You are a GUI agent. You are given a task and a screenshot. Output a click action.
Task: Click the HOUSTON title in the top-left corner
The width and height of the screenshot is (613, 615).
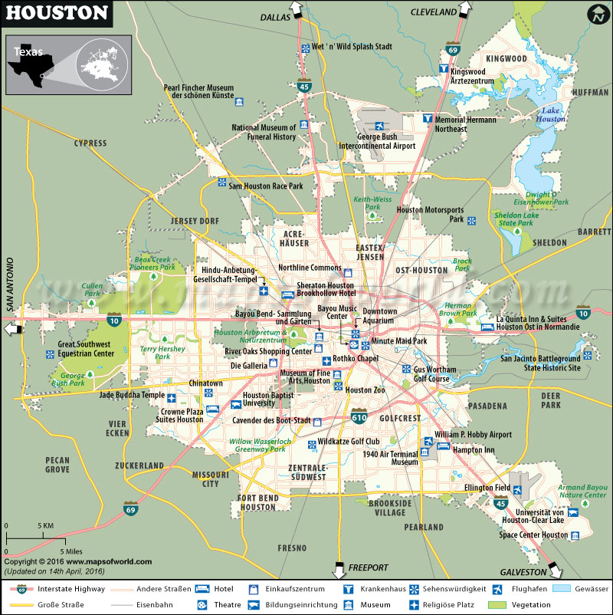(57, 13)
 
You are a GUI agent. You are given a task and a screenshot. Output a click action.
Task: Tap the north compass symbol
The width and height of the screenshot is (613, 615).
(598, 14)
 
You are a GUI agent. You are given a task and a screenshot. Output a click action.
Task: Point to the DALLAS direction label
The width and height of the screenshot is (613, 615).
(277, 15)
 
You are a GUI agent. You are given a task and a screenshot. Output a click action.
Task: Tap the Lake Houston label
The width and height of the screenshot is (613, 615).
(551, 114)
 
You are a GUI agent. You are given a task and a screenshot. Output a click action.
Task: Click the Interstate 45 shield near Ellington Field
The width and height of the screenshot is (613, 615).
(500, 503)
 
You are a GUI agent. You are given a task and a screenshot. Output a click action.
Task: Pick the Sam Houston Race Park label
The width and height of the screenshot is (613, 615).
(266, 186)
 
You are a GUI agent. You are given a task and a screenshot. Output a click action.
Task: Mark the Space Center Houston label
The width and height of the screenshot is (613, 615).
(533, 534)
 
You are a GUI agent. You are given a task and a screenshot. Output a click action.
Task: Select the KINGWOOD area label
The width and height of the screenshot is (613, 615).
(506, 58)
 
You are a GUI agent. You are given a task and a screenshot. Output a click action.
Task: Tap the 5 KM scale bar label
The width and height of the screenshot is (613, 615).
(46, 525)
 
